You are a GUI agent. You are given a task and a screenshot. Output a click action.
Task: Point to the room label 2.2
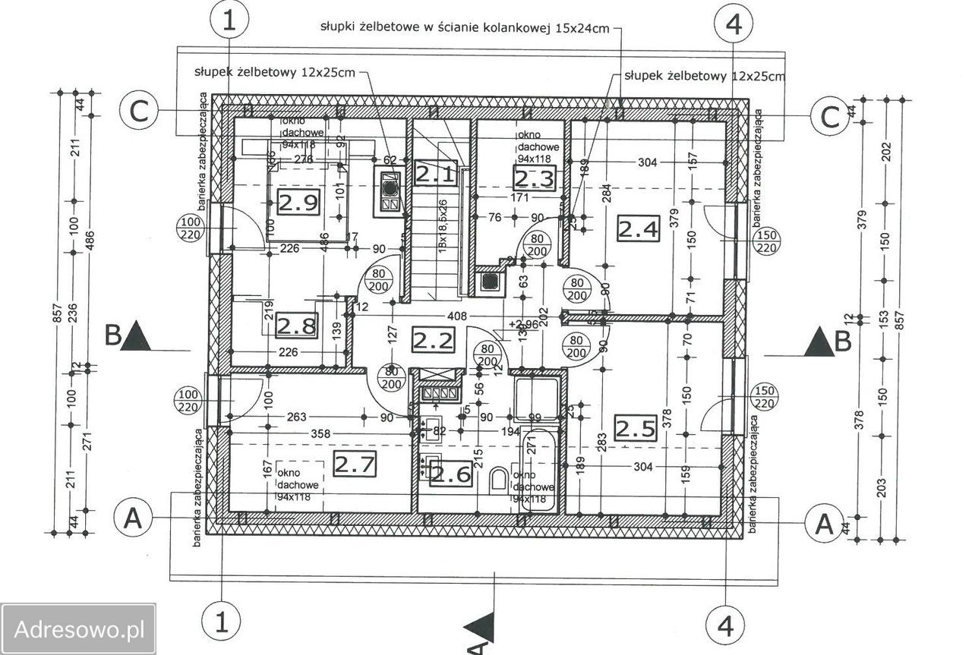click(433, 339)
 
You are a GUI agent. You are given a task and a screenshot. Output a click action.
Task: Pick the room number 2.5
click(635, 429)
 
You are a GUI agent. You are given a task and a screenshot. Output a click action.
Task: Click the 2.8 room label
click(295, 326)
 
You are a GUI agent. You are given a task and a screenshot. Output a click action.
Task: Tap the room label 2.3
click(535, 179)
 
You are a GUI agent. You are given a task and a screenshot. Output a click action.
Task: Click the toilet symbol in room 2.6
click(499, 479)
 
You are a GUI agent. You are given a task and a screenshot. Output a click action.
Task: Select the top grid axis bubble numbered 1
click(229, 22)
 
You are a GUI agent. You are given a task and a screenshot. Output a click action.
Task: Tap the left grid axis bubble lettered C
click(138, 112)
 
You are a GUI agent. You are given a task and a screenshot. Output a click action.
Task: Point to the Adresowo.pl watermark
click(79, 629)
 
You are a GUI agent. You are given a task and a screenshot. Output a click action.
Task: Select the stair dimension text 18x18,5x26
click(441, 228)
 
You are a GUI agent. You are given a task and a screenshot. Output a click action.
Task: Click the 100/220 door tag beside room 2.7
click(190, 401)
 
